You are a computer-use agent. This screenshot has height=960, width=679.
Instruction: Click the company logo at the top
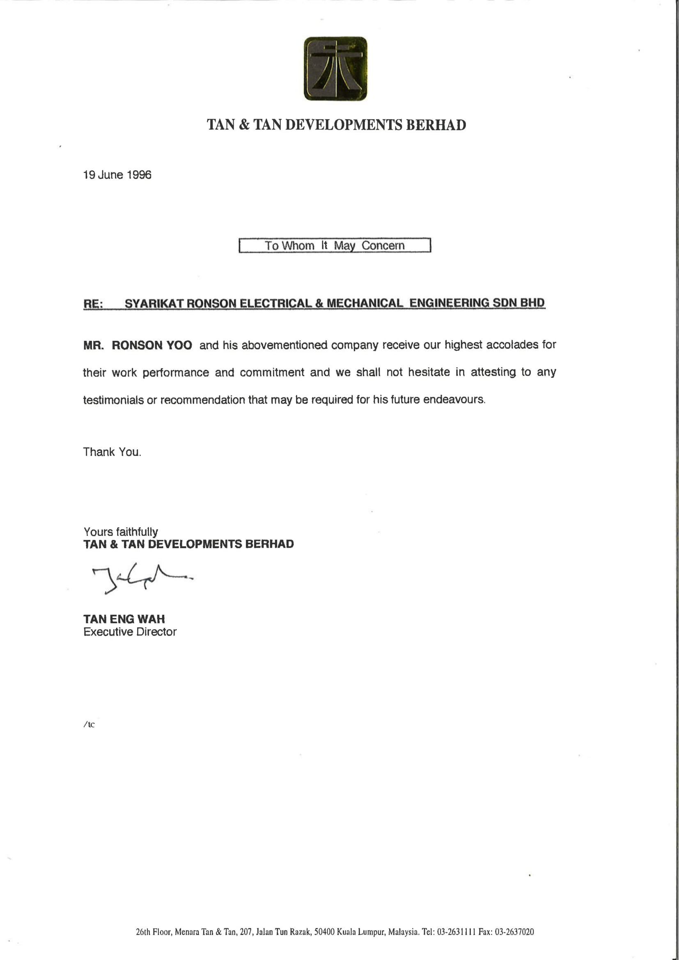tap(335, 69)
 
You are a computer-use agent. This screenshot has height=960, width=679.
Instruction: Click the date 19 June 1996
tap(117, 175)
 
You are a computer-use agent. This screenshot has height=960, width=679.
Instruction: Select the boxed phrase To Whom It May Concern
tap(335, 246)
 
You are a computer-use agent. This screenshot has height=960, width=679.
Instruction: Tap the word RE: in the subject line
tap(93, 304)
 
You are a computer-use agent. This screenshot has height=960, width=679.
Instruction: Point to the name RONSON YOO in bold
tap(152, 345)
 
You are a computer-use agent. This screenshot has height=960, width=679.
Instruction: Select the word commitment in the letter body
tap(272, 372)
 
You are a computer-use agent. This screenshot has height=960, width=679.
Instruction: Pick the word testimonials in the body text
tap(113, 400)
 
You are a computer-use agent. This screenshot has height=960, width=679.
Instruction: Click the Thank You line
tap(112, 452)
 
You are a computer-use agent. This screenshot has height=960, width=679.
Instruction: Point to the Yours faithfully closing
tap(120, 531)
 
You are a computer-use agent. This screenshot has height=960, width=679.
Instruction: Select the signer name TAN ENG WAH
tap(124, 619)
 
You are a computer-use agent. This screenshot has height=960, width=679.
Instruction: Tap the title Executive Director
tap(130, 632)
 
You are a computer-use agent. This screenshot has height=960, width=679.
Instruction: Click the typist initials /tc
tap(89, 725)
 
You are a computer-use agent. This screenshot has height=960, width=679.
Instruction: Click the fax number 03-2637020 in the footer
tap(514, 932)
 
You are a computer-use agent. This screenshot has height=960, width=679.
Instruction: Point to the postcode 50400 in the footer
tap(324, 932)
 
